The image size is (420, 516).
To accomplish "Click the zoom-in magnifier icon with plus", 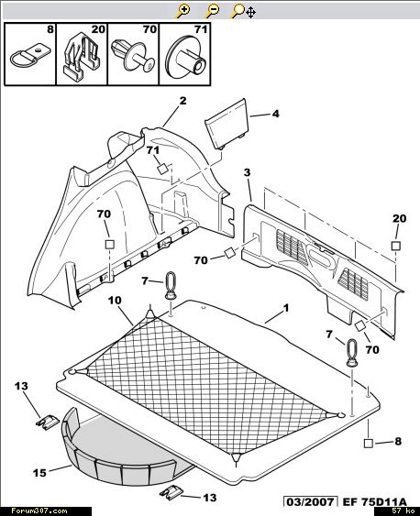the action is pos(183,11).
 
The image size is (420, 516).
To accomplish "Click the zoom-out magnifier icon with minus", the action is pos(212,11).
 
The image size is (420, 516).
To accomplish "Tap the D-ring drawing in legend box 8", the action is pos(30,56).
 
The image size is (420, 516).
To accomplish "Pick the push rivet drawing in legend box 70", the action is pos(133,57).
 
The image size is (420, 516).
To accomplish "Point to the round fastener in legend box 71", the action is pos(185,57).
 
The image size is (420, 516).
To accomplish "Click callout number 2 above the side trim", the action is pos(182,101).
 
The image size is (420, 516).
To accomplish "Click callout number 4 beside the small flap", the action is pos(275,114).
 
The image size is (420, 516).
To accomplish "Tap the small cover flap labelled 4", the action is pos(227,124).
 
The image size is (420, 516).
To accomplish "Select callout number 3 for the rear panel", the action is pos(248,172).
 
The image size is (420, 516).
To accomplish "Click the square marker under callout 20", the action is pos(396,246).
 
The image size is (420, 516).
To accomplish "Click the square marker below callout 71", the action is pos(162,169).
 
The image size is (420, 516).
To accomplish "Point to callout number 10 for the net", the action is pos(115,301).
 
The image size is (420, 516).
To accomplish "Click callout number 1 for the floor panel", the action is pos(286,308).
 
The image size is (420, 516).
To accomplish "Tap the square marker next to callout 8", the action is pos(369,444).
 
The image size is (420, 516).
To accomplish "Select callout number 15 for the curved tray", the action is pos(39,473).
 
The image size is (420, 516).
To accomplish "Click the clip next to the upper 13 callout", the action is pos(47,422).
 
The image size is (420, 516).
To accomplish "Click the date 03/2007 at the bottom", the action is pos(310,502).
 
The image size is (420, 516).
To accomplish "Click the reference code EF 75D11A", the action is pos(374,502).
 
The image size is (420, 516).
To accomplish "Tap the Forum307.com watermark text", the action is pos(39,511).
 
